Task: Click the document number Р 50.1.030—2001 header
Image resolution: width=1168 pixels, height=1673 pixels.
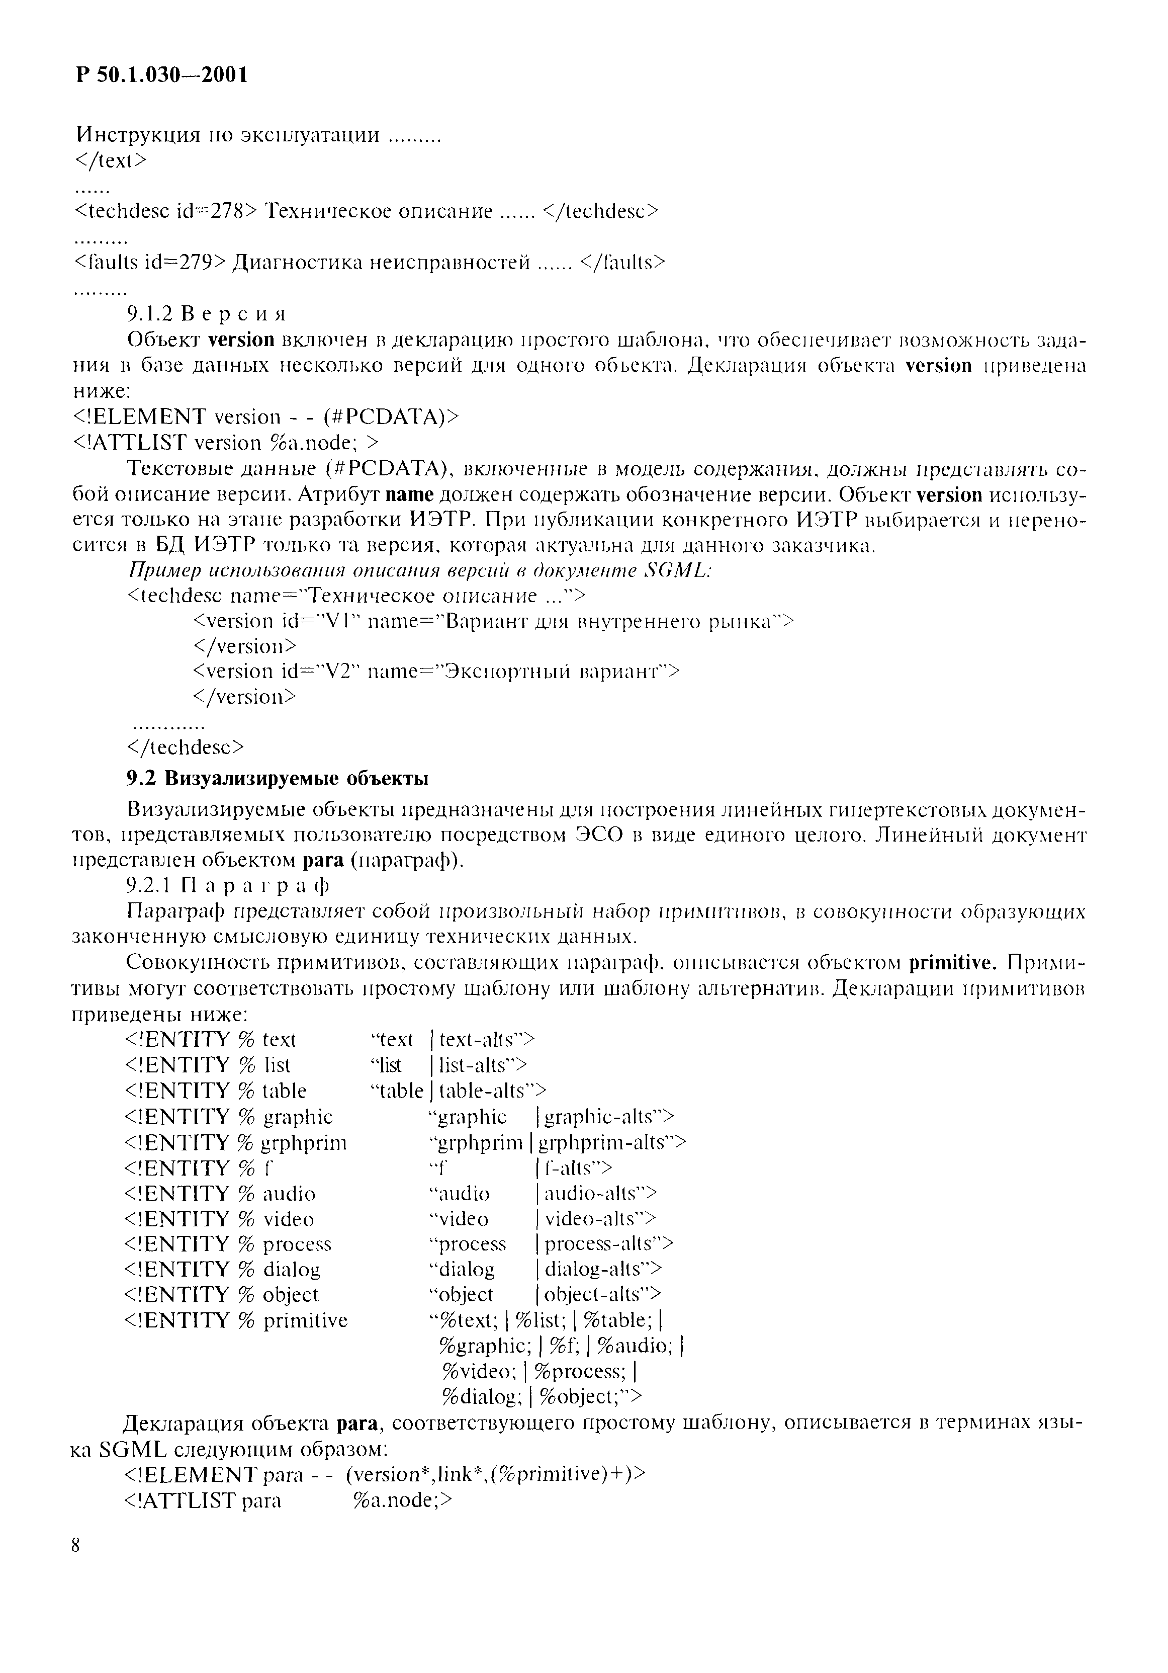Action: click(x=162, y=74)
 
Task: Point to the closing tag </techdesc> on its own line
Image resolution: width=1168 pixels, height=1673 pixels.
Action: click(x=185, y=747)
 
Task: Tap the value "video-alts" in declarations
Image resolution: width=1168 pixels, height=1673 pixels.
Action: click(x=596, y=1218)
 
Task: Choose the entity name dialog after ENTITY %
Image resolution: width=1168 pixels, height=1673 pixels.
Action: click(x=291, y=1269)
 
